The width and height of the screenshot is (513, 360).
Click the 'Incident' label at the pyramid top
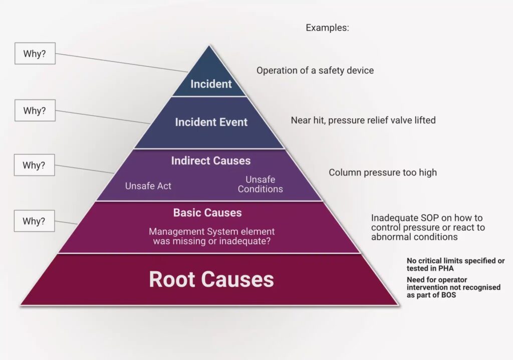[211, 84]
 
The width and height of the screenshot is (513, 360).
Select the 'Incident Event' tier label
[211, 122]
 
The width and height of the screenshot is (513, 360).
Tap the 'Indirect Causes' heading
[211, 161]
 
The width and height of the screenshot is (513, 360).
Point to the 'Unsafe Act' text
[148, 186]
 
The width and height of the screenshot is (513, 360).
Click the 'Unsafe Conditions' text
[260, 184]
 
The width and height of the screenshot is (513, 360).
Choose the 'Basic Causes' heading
[207, 213]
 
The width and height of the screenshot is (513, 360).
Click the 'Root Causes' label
[211, 279]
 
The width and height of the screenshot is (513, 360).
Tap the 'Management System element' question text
[211, 236]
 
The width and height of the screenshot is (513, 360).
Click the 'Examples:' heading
[327, 28]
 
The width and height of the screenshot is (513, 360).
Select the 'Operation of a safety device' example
[315, 71]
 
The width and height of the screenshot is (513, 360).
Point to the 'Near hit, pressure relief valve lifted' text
[363, 120]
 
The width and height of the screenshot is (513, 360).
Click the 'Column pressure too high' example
[383, 172]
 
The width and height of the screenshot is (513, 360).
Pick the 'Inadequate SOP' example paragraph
[428, 227]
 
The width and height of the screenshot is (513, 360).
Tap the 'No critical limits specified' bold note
[455, 265]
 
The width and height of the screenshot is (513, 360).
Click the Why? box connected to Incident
[35, 54]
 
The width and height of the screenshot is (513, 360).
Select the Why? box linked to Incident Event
[35, 110]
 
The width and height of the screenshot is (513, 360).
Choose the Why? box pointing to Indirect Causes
[35, 164]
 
